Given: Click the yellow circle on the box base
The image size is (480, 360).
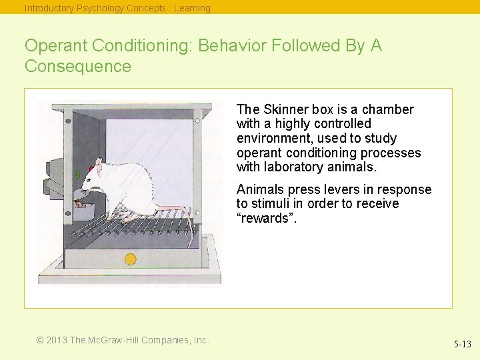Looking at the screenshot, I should (x=131, y=259).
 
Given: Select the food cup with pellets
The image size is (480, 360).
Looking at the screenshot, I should (x=83, y=211).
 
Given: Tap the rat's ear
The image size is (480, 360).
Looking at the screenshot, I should (x=98, y=163).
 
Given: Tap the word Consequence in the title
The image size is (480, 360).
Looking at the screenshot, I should (x=78, y=67).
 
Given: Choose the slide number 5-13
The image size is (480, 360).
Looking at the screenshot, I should (x=462, y=345).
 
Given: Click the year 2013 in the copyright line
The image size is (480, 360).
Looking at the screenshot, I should (x=57, y=340).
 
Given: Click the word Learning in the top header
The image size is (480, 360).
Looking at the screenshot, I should (x=192, y=9).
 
